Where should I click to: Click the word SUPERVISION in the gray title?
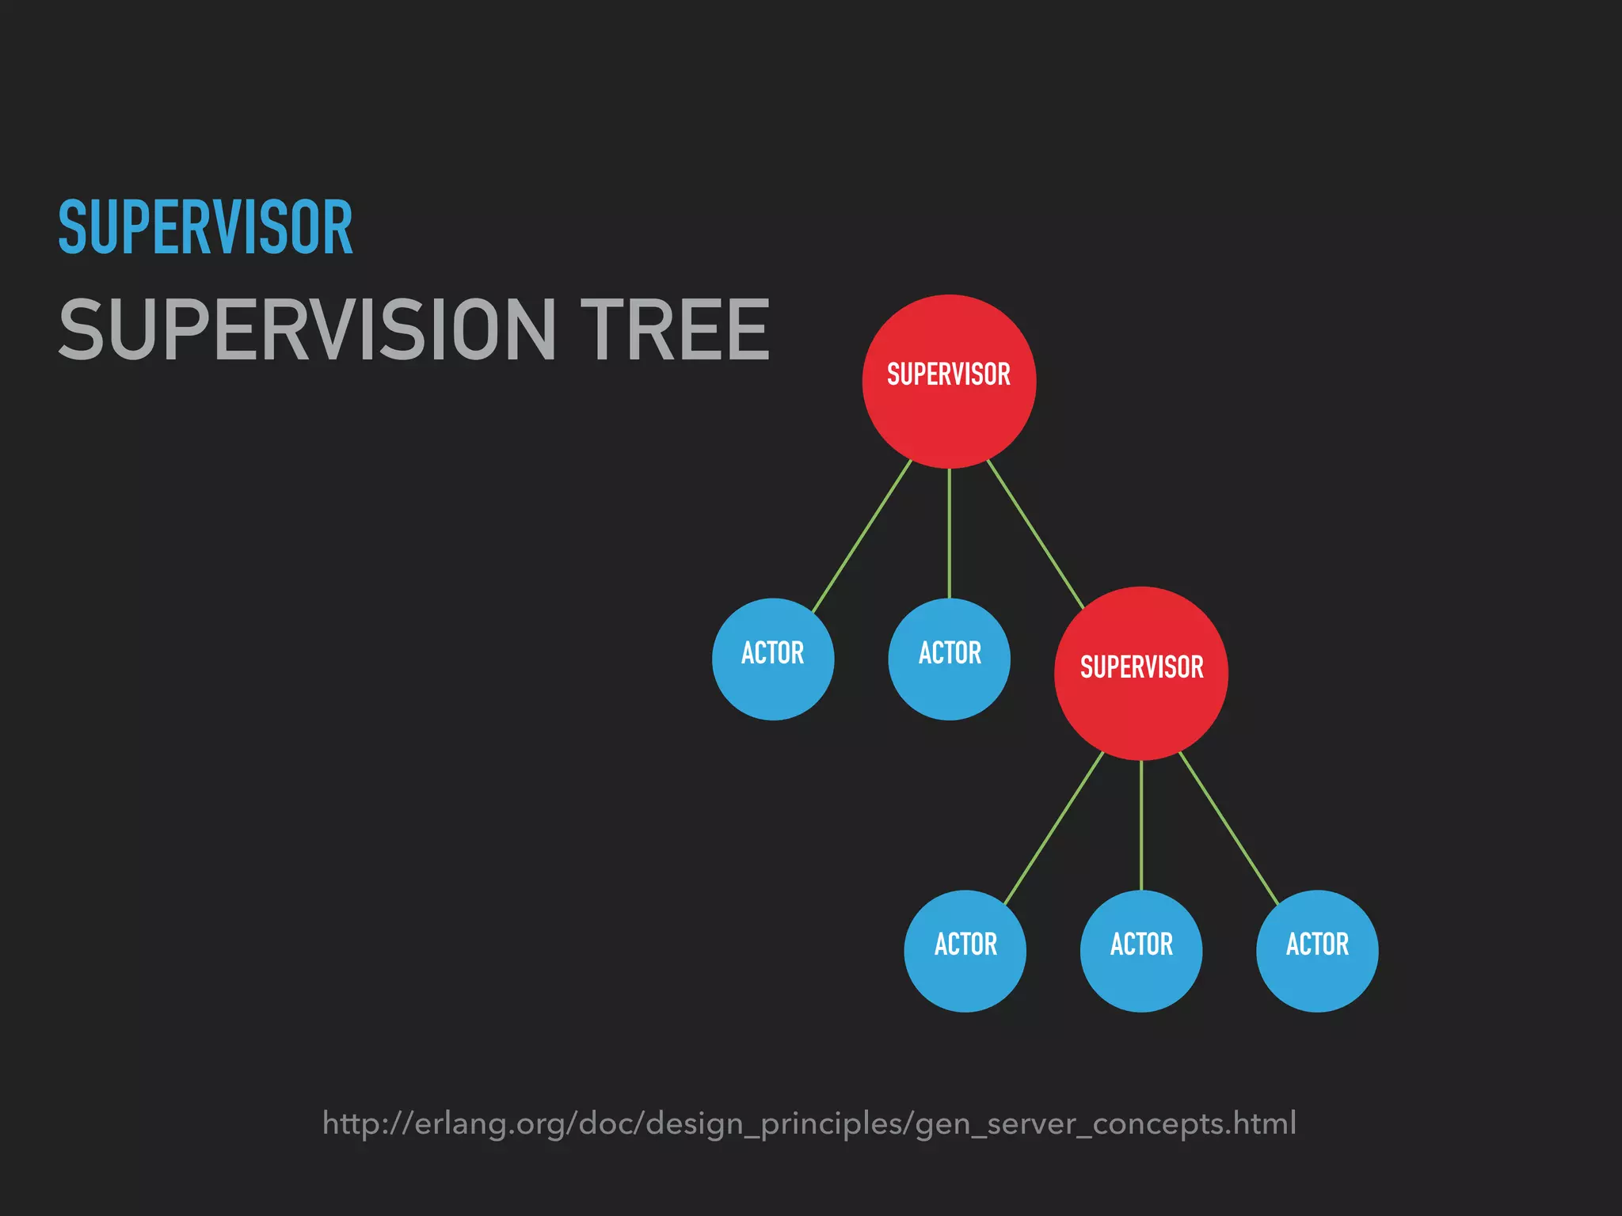click(307, 329)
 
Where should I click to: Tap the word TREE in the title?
click(675, 329)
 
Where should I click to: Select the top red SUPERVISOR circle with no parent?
click(949, 381)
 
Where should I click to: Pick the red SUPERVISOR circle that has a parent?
click(1141, 673)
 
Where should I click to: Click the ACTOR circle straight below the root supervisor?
click(949, 659)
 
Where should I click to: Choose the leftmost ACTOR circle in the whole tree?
click(773, 659)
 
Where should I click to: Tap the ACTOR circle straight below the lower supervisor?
click(1141, 951)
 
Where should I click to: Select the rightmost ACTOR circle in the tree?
click(1317, 951)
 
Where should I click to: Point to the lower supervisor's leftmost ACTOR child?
click(965, 951)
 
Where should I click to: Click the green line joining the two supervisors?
click(1035, 534)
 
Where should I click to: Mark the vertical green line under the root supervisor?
click(949, 533)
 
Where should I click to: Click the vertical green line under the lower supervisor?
click(1141, 825)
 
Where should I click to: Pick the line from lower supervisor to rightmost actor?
click(1228, 828)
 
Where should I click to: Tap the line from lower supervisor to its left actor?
click(1053, 828)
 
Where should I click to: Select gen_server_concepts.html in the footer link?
click(1106, 1124)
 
